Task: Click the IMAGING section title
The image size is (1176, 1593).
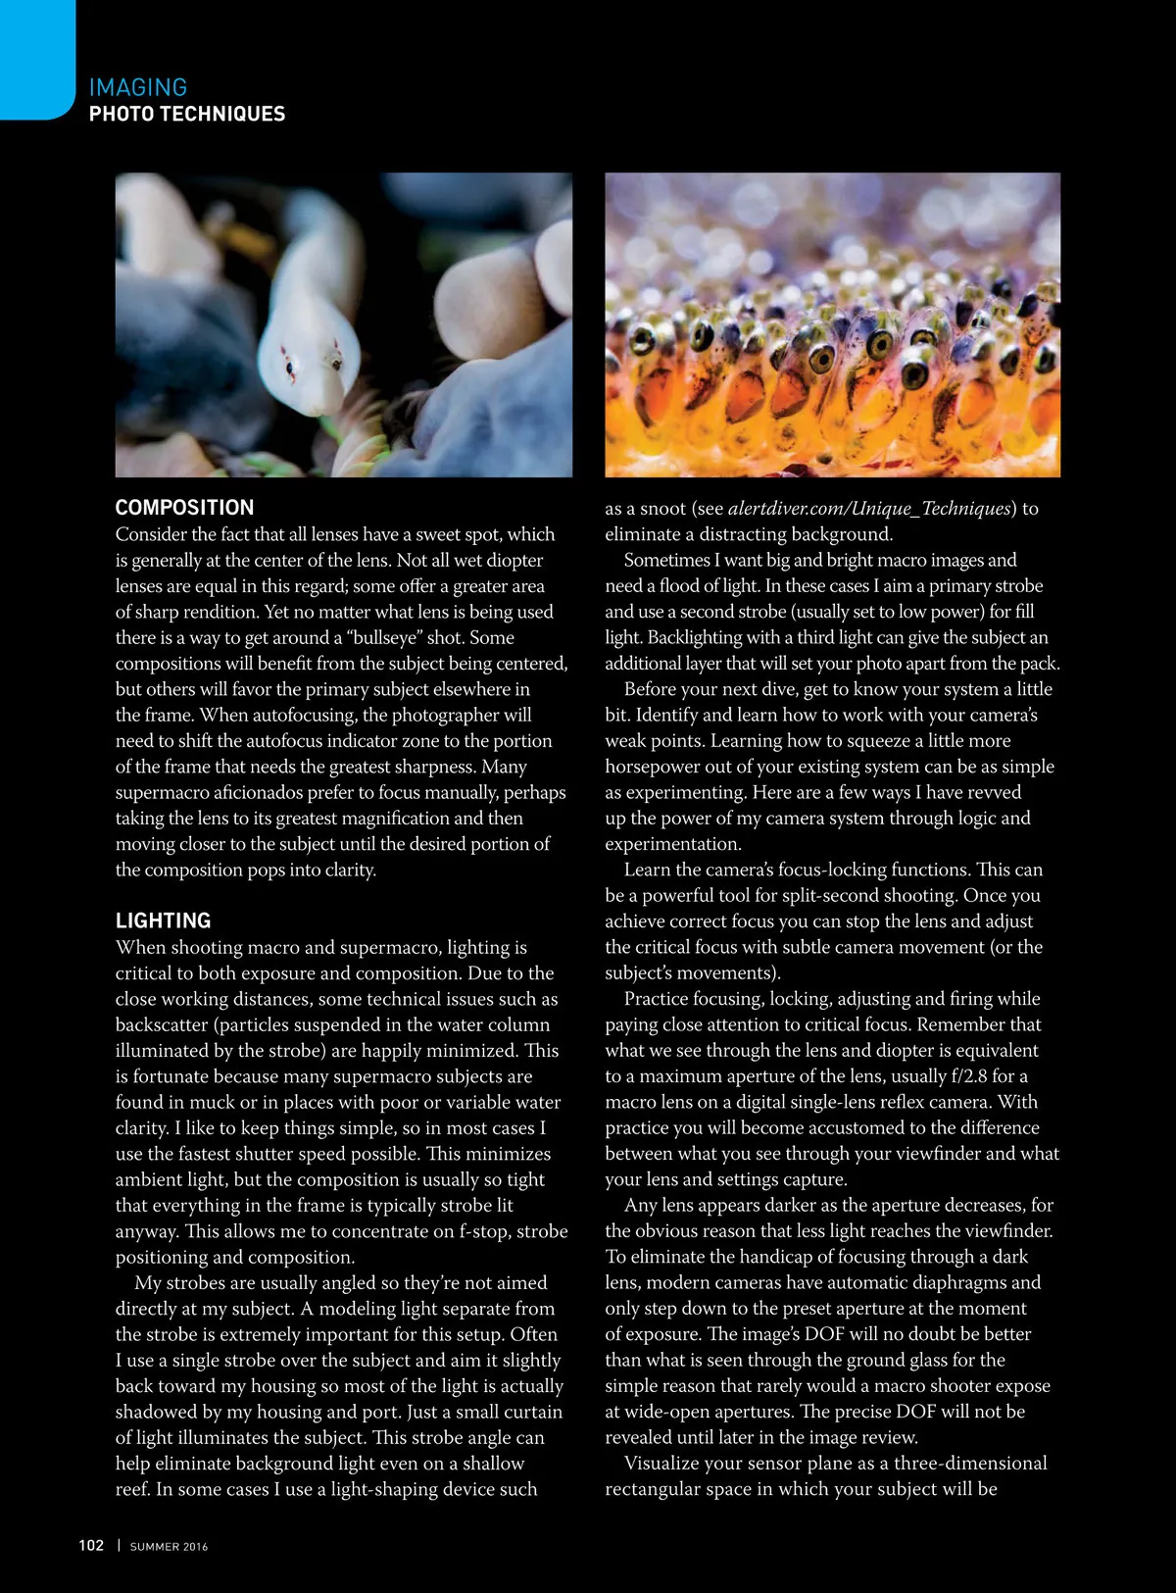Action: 137,87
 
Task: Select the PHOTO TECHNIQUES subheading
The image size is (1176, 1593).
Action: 186,114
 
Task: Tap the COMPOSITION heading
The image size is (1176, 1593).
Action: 184,508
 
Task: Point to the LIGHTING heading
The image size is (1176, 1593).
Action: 163,921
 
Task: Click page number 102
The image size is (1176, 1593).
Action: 91,1546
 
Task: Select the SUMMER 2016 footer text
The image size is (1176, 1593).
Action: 169,1547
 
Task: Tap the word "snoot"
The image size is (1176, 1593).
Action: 662,508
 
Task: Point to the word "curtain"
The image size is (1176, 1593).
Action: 527,1412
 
